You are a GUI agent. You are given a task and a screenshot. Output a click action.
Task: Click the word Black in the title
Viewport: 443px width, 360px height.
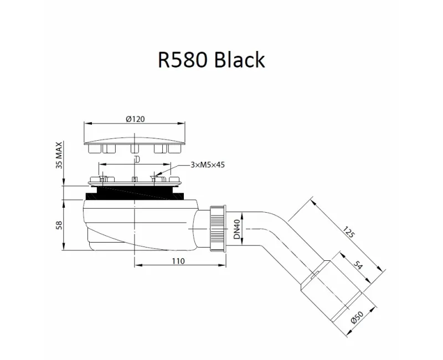[x=238, y=59]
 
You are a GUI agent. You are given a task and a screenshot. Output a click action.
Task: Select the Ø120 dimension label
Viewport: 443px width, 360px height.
[x=135, y=119]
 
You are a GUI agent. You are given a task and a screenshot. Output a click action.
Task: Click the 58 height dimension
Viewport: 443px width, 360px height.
[x=59, y=224]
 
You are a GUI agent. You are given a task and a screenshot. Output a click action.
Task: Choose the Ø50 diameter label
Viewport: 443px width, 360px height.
[x=359, y=317]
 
